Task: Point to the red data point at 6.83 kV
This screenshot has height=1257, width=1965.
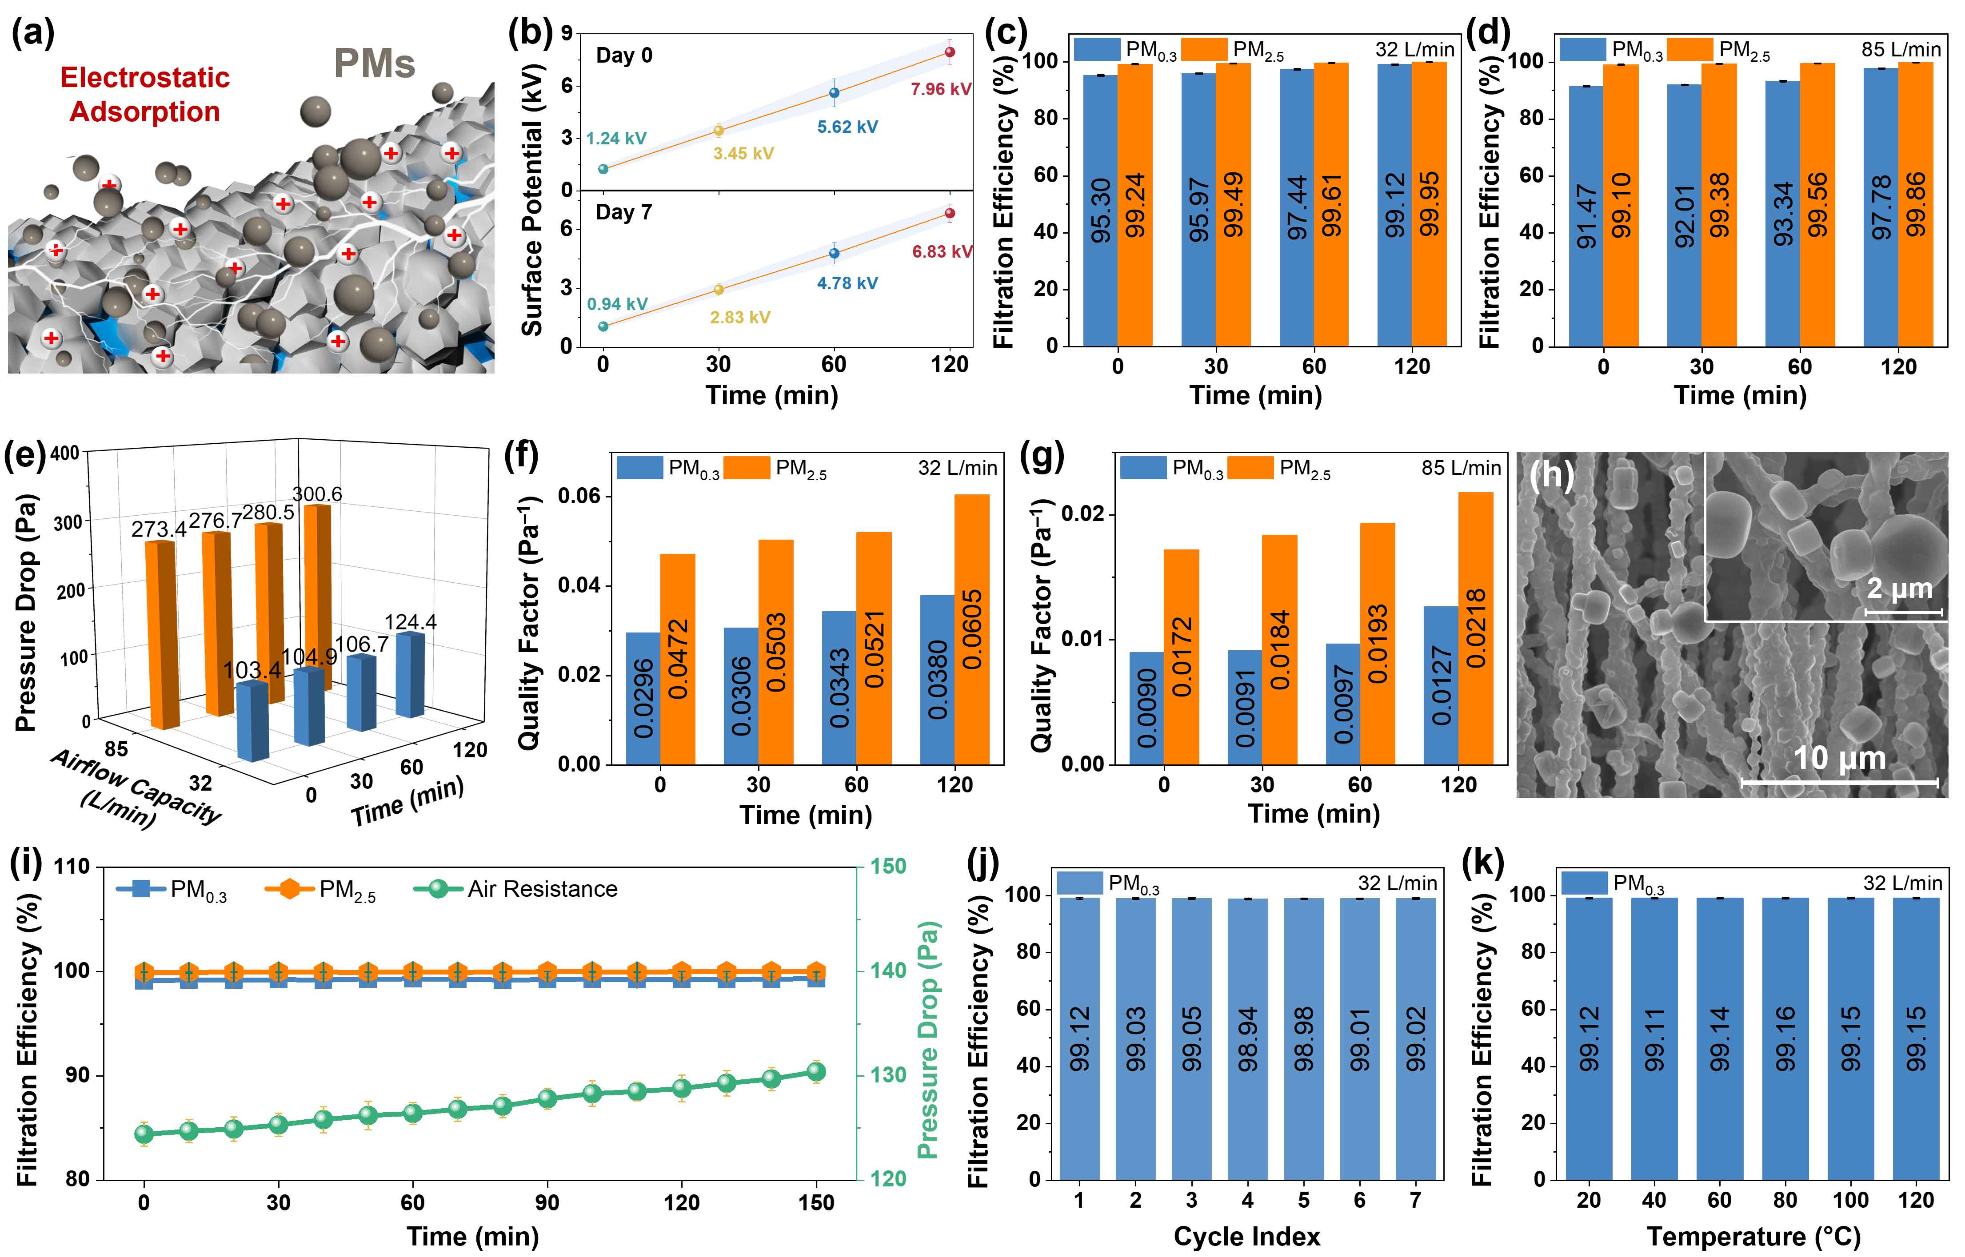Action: [x=950, y=214]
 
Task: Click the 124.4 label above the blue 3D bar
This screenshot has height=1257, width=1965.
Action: [x=411, y=622]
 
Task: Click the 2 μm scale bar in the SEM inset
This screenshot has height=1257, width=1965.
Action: [x=1903, y=611]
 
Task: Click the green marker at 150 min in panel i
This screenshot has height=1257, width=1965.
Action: [x=815, y=1072]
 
